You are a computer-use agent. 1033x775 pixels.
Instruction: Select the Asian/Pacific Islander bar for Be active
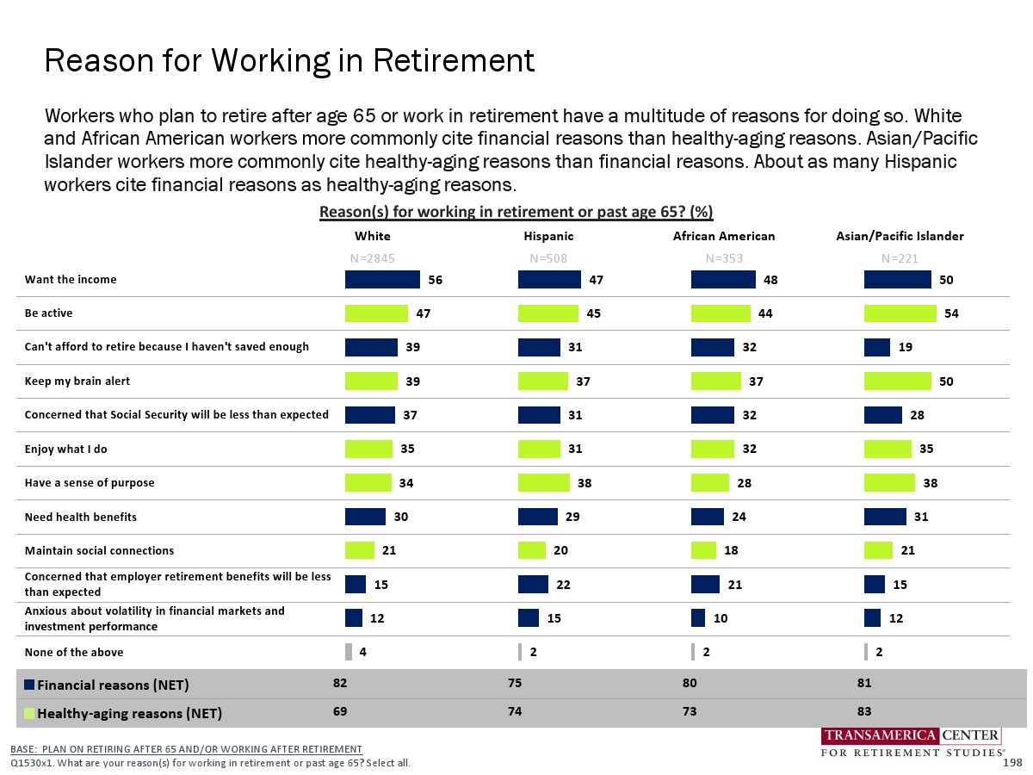(x=900, y=313)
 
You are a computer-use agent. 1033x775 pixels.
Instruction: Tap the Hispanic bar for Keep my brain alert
(x=543, y=381)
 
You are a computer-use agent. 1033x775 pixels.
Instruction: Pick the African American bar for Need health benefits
(x=708, y=517)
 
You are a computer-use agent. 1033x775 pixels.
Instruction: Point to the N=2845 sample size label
(x=372, y=257)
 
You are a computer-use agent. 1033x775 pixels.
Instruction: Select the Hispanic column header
(x=548, y=236)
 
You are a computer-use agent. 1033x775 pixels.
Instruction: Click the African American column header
(x=723, y=236)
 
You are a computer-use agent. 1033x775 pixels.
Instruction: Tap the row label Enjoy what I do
(x=66, y=449)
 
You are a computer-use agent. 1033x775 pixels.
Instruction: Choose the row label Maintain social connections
(x=99, y=550)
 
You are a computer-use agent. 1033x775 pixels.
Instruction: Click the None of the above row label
(x=74, y=652)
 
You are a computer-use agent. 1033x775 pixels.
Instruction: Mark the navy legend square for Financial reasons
(x=29, y=685)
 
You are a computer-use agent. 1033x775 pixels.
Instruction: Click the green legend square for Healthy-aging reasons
(x=29, y=713)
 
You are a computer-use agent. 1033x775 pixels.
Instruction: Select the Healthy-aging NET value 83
(x=865, y=712)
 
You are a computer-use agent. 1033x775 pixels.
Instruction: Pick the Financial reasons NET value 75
(x=516, y=684)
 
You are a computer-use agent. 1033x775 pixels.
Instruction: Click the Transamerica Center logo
(x=911, y=743)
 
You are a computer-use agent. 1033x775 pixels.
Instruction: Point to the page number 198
(x=1012, y=763)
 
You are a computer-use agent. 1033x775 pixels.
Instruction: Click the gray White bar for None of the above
(x=349, y=652)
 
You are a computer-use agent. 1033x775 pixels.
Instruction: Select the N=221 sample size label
(x=900, y=257)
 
